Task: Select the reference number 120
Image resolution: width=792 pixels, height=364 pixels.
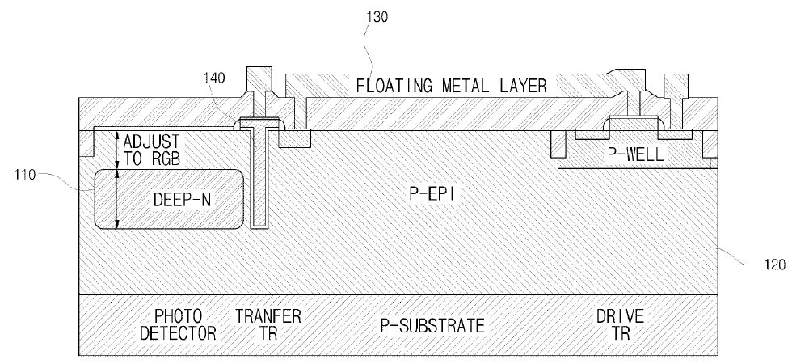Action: [767, 261]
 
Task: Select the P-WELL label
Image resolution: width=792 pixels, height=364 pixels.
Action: [637, 154]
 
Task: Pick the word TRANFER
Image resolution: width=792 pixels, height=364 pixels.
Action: [268, 315]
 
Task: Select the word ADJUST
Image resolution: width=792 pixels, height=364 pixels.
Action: [158, 140]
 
